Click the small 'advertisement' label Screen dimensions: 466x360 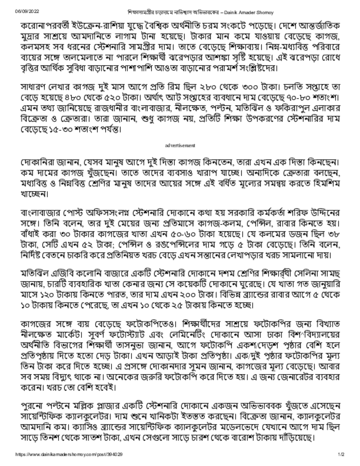[180, 145]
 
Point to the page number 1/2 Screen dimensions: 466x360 [341, 455]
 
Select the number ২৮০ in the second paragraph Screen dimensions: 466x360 [211, 86]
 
